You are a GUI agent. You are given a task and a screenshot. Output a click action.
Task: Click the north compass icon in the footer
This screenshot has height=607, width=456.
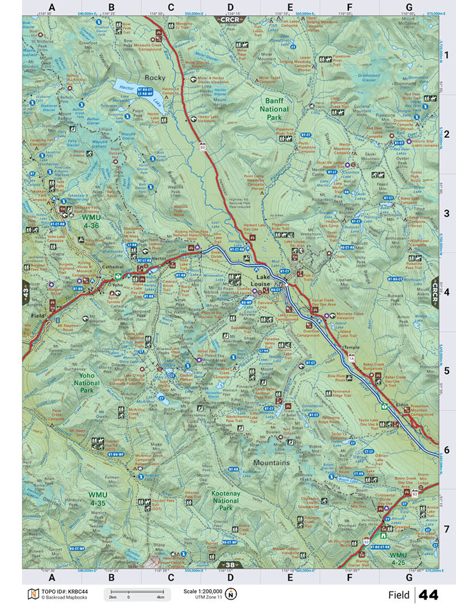pyautogui.click(x=231, y=594)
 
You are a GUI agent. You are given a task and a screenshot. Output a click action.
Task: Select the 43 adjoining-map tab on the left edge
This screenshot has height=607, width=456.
pyautogui.click(x=26, y=293)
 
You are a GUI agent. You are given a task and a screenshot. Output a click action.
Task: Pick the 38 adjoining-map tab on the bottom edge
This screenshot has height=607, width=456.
pyautogui.click(x=230, y=565)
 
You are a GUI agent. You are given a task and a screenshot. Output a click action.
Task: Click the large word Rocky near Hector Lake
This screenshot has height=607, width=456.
pyautogui.click(x=155, y=78)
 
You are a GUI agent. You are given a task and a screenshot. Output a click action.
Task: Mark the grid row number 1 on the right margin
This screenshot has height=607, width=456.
pyautogui.click(x=447, y=55)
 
